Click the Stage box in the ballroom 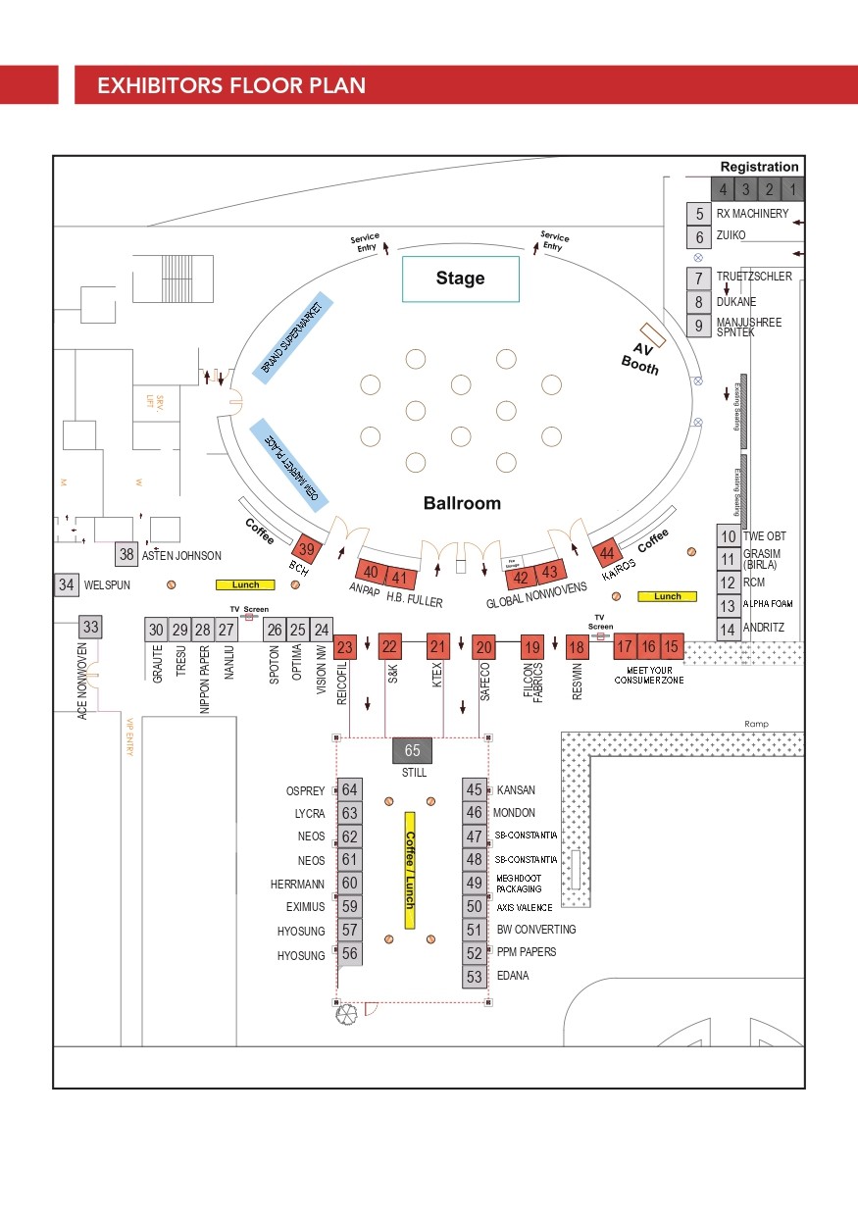(460, 279)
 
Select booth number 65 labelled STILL (412, 751)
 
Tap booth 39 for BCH (308, 549)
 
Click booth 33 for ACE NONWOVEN (91, 627)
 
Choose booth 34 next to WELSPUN (66, 585)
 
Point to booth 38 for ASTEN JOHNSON (126, 554)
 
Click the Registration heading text (759, 168)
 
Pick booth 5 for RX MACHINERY (699, 214)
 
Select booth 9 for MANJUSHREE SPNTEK (699, 326)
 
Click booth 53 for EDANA (475, 977)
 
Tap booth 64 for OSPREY (350, 790)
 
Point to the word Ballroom (462, 503)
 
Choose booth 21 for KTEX (437, 646)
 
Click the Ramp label (756, 724)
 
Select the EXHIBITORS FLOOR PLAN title (231, 85)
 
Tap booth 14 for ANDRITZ (728, 629)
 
